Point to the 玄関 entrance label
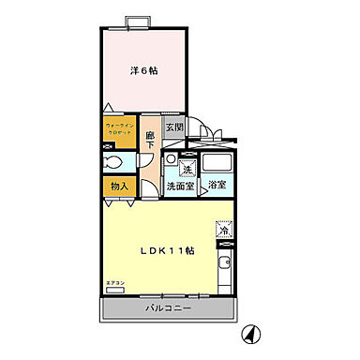pyautogui.click(x=173, y=128)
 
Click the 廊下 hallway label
pyautogui.click(x=151, y=141)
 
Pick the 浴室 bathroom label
pyautogui.click(x=217, y=186)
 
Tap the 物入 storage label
pyautogui.click(x=120, y=186)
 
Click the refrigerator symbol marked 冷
pyautogui.click(x=225, y=229)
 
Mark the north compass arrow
pyautogui.click(x=251, y=335)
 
